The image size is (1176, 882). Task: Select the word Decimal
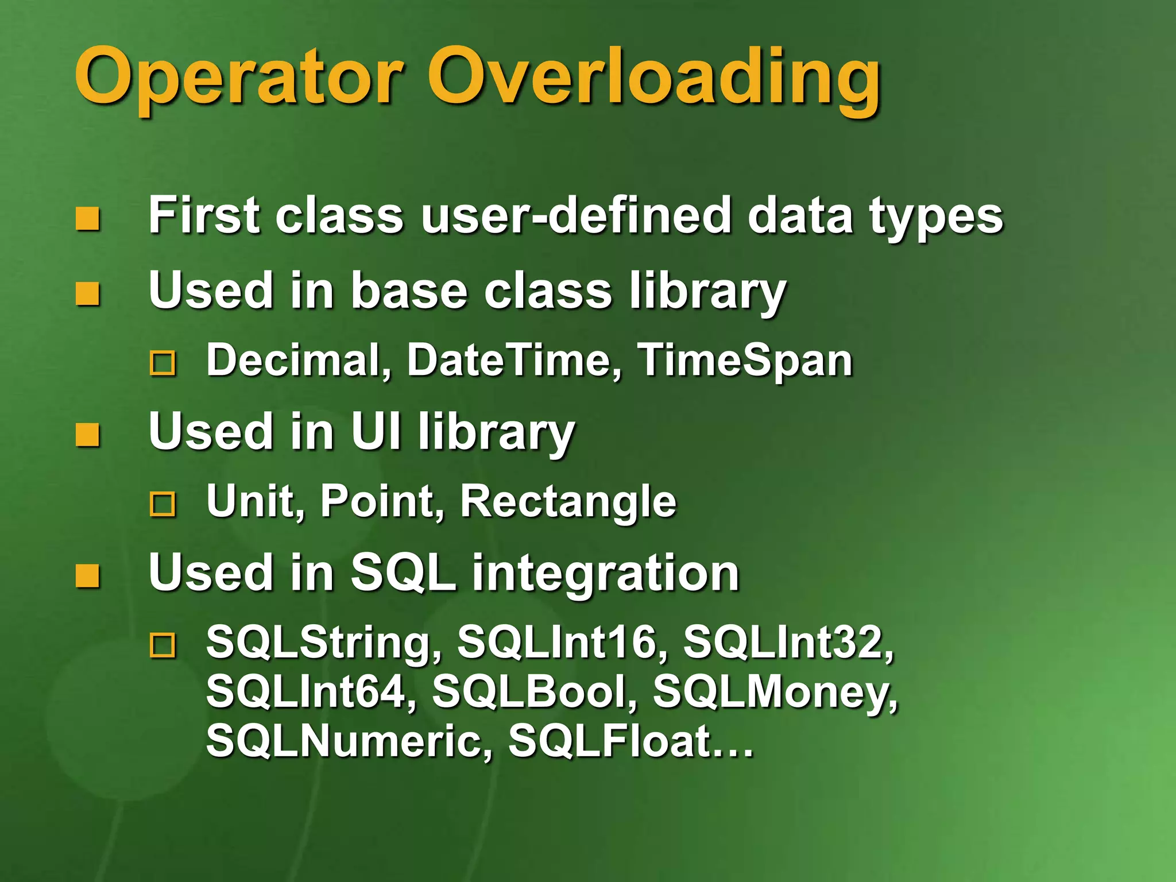[x=299, y=361]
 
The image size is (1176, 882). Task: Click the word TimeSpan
[x=745, y=361]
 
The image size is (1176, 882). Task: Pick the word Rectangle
[x=568, y=501]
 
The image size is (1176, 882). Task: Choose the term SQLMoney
[x=775, y=691]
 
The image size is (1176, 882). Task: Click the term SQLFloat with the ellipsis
[x=630, y=741]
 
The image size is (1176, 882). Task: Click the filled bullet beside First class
[x=88, y=219]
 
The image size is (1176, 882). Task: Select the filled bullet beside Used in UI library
[x=88, y=435]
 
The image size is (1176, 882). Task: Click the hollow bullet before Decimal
[x=163, y=363]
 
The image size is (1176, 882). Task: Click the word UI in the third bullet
[x=376, y=431]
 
